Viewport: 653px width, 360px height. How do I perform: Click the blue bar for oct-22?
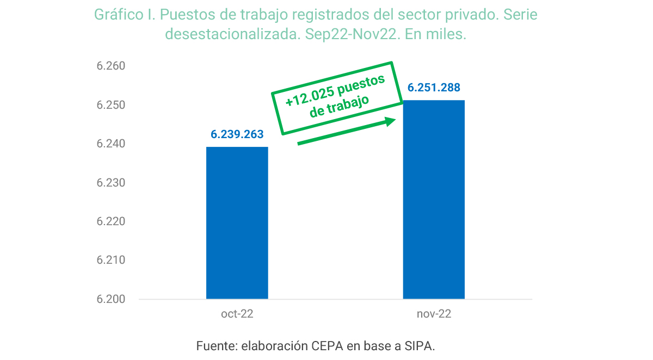[237, 223]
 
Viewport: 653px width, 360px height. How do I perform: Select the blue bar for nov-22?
[434, 200]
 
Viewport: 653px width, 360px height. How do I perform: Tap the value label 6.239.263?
[237, 134]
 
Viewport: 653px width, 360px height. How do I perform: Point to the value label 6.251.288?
[434, 88]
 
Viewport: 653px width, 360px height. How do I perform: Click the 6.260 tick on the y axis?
[111, 66]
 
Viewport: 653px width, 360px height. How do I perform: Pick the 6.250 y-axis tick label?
[111, 105]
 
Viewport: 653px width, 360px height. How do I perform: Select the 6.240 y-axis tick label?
[111, 144]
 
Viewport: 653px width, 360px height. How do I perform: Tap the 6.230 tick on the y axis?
[111, 183]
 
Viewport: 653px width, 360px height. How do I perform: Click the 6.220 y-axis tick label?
[111, 221]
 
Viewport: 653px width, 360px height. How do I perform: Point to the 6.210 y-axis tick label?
[111, 260]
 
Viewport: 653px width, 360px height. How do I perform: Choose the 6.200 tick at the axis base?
[111, 299]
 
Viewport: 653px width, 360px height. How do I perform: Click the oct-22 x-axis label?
[237, 314]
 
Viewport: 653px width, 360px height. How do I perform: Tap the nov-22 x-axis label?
[434, 314]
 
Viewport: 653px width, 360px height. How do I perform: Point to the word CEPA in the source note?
[327, 346]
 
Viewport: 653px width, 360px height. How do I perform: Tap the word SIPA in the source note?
[419, 346]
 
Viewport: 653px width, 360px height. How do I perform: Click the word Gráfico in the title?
[119, 15]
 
